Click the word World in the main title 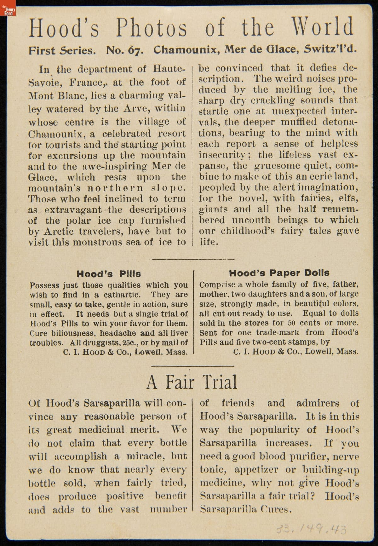[323, 27]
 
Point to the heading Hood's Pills [109, 274]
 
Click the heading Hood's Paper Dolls [279, 273]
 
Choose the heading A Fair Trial [192, 382]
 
